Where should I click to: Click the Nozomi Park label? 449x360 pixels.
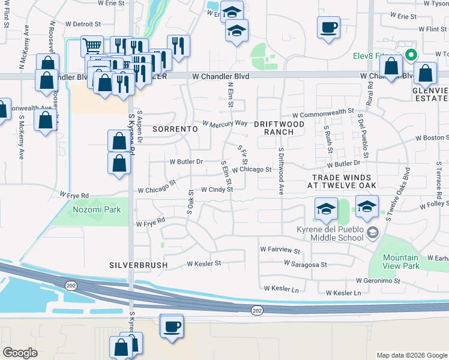[x=97, y=209]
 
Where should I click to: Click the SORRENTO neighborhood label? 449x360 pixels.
[x=175, y=129]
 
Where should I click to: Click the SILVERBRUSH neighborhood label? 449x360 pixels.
[x=138, y=265]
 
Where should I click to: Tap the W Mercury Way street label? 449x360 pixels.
[x=225, y=124]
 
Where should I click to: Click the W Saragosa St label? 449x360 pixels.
[x=306, y=264]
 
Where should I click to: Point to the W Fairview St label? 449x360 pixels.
[x=280, y=248]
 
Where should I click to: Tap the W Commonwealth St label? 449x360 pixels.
[x=322, y=113]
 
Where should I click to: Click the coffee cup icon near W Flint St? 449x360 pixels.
[x=328, y=28]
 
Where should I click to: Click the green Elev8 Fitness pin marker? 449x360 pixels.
[x=411, y=55]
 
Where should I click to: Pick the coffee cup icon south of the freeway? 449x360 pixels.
[x=172, y=327]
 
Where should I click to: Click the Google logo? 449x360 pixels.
[x=20, y=353]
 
